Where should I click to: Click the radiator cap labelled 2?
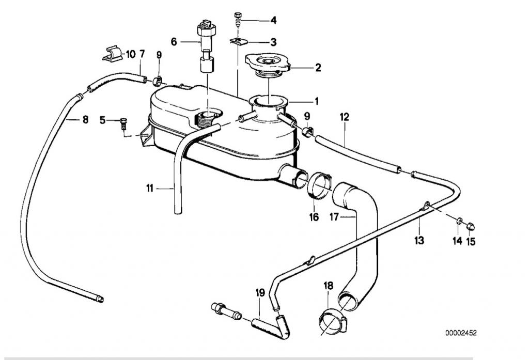(x=268, y=65)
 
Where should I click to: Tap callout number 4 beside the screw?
(x=273, y=21)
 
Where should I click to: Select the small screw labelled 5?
(x=123, y=123)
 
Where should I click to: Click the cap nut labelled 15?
(x=470, y=226)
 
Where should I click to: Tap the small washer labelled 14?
(x=459, y=221)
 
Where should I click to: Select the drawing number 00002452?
(x=461, y=333)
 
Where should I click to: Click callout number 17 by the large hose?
(x=334, y=217)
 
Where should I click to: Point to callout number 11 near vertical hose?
(x=149, y=188)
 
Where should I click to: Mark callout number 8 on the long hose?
(x=85, y=119)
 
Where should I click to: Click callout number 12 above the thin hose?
(x=345, y=117)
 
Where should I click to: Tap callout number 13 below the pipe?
(x=419, y=241)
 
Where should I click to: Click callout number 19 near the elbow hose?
(x=260, y=292)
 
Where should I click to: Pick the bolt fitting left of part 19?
(x=226, y=311)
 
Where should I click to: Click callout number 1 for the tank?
(x=316, y=101)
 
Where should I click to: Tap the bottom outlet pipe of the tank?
(x=293, y=176)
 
